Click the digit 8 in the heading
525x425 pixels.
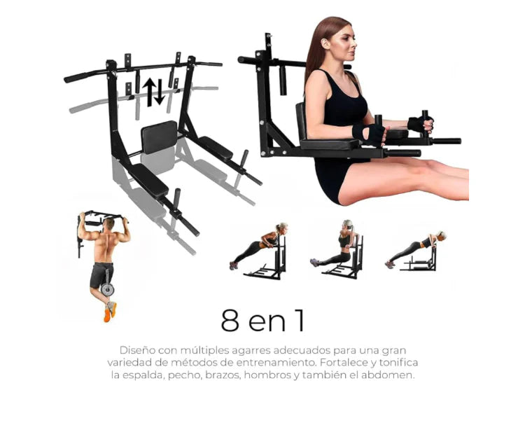tap(230, 320)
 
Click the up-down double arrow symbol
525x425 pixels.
tap(154, 92)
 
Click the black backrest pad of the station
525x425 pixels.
tap(159, 137)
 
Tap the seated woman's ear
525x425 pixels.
tap(325, 44)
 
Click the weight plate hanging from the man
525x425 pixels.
tap(108, 288)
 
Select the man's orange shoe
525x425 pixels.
tap(107, 315)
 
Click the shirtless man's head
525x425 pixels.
tap(108, 223)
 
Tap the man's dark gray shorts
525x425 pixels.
tap(100, 274)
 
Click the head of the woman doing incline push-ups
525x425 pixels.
tap(282, 227)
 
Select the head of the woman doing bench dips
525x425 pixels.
tap(347, 224)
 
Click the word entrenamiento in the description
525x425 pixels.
tap(276, 363)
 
